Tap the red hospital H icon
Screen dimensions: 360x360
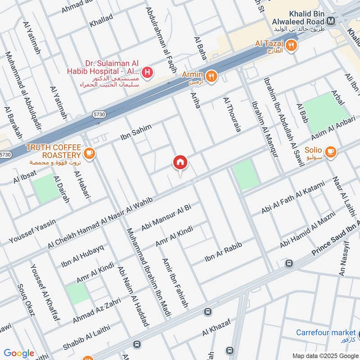147,72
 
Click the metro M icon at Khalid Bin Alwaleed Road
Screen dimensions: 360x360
331,21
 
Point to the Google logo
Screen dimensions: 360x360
19,353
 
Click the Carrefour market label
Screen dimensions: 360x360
326,333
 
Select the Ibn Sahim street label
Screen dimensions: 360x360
136,131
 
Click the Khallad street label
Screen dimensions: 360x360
101,21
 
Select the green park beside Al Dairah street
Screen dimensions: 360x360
46,188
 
